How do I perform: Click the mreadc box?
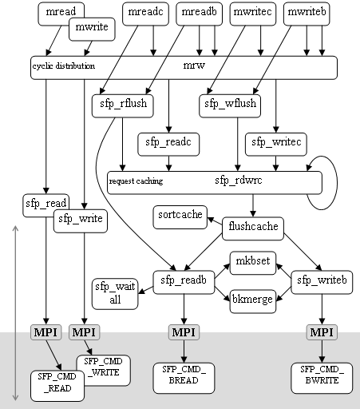click(x=145, y=14)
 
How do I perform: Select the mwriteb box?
click(x=307, y=14)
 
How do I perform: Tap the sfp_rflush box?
click(x=123, y=105)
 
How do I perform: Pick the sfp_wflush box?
click(x=230, y=105)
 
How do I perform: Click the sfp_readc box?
click(x=168, y=145)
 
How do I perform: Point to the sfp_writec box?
click(x=276, y=145)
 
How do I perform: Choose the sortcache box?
click(x=180, y=217)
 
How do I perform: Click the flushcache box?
click(x=253, y=228)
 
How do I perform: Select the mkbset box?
click(x=253, y=263)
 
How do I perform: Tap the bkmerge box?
click(x=253, y=301)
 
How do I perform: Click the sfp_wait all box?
click(x=115, y=294)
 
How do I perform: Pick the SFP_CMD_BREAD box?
click(x=184, y=378)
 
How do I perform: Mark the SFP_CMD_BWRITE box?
click(x=322, y=378)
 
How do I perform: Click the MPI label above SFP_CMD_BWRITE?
click(x=322, y=332)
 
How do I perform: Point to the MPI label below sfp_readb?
click(x=184, y=332)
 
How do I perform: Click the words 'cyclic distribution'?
click(x=64, y=66)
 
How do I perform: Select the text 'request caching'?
click(x=136, y=181)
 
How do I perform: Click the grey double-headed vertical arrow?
click(x=16, y=313)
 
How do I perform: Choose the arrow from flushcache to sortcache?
click(x=215, y=221)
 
